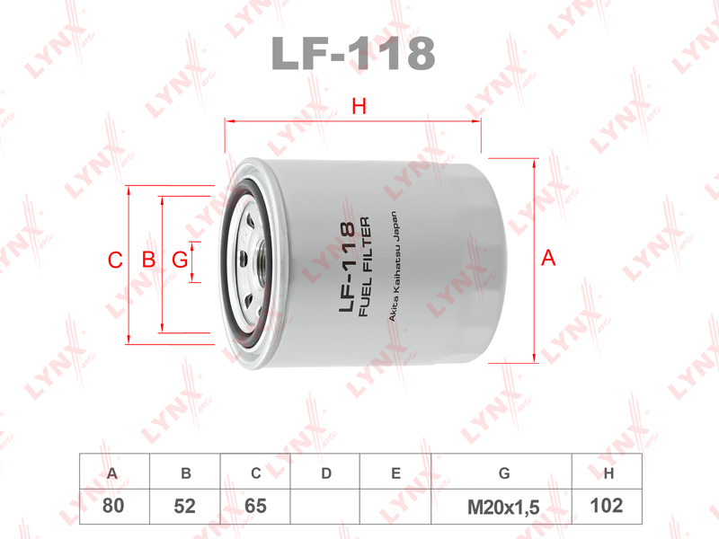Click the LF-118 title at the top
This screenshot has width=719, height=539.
click(x=353, y=53)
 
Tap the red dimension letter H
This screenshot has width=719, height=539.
click(x=359, y=106)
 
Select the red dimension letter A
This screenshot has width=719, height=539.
click(x=548, y=258)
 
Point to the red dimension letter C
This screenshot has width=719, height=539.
click(x=115, y=260)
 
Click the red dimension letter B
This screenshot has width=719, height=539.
click(x=148, y=260)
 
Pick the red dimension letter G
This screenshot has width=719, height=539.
click(x=180, y=260)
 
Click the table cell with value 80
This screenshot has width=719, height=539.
click(x=114, y=507)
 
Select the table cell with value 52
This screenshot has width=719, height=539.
click(x=185, y=507)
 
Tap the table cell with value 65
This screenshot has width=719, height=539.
click(x=255, y=507)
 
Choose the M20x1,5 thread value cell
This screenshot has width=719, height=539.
click(x=502, y=507)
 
